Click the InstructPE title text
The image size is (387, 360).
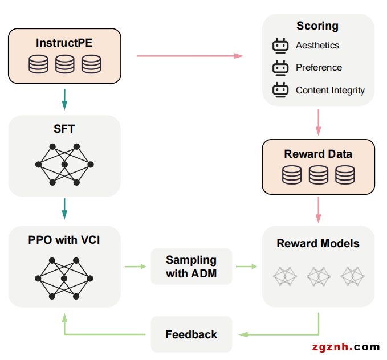(64, 43)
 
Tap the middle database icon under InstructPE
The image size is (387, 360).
(64, 63)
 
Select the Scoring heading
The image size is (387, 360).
(317, 26)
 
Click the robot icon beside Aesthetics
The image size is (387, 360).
(280, 46)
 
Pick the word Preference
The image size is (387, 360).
(319, 67)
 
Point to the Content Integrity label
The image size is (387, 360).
(330, 90)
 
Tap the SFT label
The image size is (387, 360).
(64, 129)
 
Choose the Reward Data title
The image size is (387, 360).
(318, 154)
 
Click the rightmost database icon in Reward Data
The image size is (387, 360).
(345, 175)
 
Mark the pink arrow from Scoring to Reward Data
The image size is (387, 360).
(318, 122)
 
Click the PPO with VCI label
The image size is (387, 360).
(64, 240)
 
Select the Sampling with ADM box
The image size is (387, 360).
(192, 267)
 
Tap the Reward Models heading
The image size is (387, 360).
(318, 243)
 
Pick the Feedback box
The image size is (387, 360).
(192, 334)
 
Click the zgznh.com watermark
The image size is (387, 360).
(346, 347)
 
